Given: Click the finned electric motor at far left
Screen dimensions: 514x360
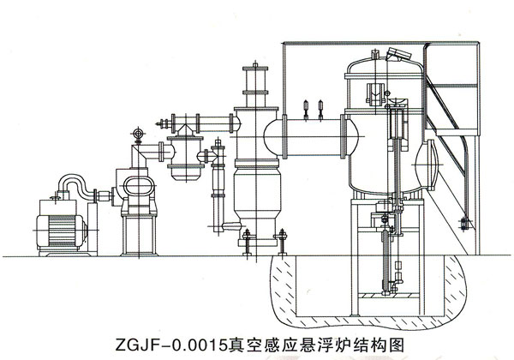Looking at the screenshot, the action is click(x=62, y=231).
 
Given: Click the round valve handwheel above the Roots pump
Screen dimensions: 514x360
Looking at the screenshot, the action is click(x=138, y=134).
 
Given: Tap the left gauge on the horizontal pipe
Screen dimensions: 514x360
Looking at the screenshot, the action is click(x=306, y=109).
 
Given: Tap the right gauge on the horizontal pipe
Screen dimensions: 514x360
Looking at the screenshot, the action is click(x=320, y=109).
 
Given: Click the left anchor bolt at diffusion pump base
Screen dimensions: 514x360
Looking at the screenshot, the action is click(x=247, y=242).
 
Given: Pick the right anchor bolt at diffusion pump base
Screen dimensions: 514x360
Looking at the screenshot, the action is click(x=282, y=242).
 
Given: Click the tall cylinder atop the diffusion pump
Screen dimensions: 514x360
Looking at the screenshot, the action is click(x=255, y=87).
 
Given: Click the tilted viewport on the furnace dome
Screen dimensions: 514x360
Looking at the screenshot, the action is click(x=398, y=54).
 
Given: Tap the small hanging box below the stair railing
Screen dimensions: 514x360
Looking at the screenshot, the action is click(x=463, y=223).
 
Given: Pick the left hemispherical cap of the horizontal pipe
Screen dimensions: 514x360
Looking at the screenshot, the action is click(x=272, y=138).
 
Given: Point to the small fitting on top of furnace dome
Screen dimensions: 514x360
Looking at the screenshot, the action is click(x=374, y=54).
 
